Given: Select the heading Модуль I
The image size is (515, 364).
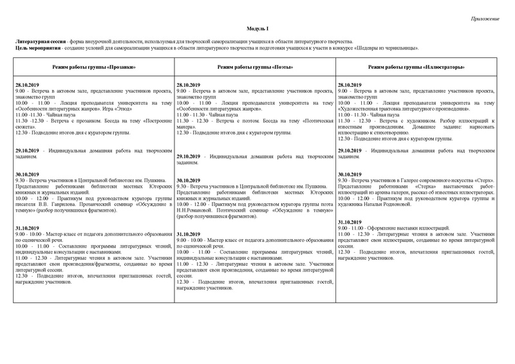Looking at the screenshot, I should tap(257, 30).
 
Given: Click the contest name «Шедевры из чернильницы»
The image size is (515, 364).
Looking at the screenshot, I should tap(386, 48).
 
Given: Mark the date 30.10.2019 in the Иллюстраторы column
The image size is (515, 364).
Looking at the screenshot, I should tap(349, 174).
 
